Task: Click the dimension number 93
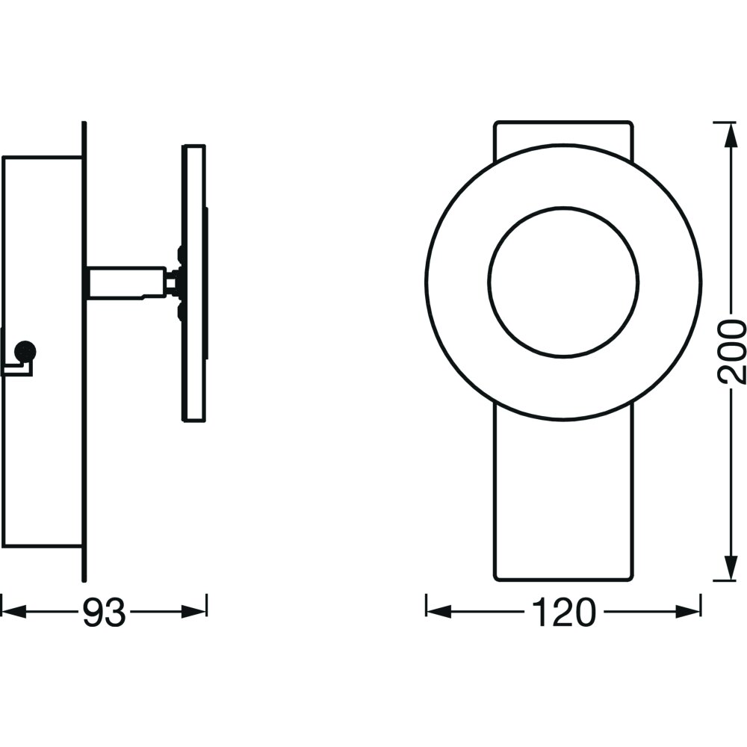[105, 613]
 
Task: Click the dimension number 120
[563, 613]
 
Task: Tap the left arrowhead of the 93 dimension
[13, 612]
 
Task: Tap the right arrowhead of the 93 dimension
[194, 612]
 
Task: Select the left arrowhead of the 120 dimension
[438, 612]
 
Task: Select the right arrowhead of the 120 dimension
[689, 612]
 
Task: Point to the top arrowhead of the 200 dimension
[729, 135]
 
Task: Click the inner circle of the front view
[563, 282]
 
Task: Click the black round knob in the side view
[25, 352]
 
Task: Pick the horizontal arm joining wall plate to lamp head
[126, 283]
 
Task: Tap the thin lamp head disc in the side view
[194, 283]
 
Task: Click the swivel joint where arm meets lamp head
[174, 283]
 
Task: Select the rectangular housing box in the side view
[42, 352]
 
